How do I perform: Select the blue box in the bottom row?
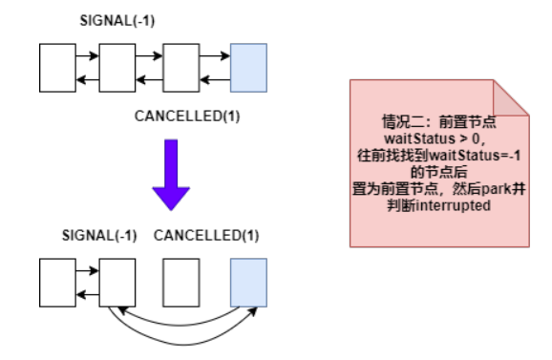247,280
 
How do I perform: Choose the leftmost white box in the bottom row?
56,280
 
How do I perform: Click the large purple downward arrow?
172,176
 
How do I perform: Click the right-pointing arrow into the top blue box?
215,57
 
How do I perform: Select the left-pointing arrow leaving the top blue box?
215,78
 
